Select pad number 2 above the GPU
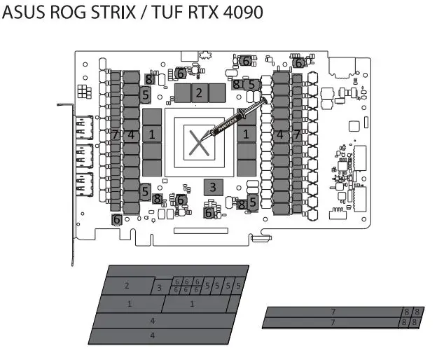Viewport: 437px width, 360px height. click(199, 92)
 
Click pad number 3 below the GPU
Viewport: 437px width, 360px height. click(213, 186)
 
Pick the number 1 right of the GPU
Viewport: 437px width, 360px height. click(246, 133)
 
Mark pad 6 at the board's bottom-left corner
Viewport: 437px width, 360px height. click(118, 219)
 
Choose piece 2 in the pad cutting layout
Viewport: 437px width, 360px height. click(127, 286)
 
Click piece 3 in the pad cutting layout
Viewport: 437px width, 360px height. click(159, 287)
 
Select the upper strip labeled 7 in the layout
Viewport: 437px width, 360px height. click(333, 311)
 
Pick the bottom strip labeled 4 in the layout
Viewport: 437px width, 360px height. click(152, 336)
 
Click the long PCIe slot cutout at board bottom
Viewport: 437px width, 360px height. click(201, 230)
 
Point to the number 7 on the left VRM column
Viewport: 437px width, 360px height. click(115, 134)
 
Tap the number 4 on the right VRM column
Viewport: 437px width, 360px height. click(280, 134)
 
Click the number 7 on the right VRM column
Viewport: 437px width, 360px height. click(296, 134)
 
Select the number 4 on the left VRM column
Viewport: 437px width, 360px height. click(130, 134)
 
